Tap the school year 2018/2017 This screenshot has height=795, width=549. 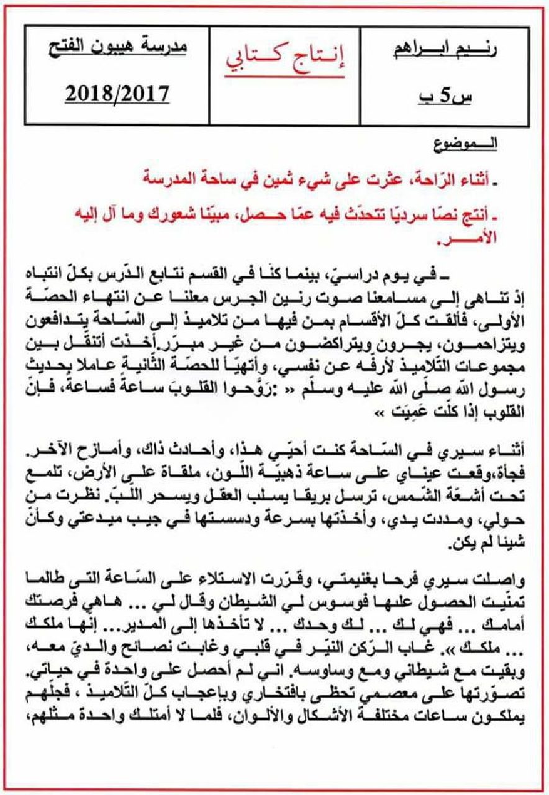coord(117,94)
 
